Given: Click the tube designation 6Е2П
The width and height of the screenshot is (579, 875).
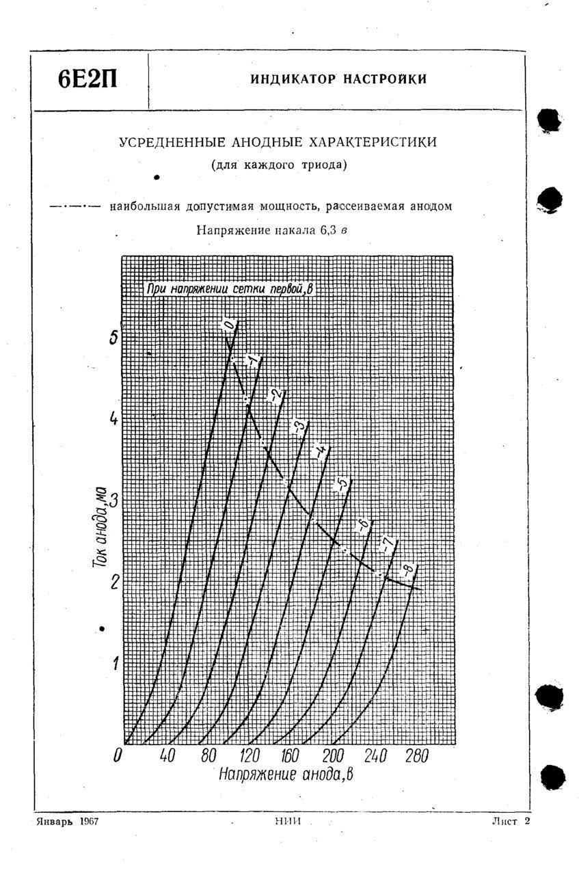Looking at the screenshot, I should [x=87, y=79].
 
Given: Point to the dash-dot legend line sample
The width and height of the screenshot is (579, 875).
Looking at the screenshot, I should [x=75, y=206].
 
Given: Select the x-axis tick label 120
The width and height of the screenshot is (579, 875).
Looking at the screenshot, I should [x=249, y=756].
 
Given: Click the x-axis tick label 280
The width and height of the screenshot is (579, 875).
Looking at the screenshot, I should [x=415, y=756].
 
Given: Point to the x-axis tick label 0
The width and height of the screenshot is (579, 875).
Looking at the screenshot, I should [x=118, y=756].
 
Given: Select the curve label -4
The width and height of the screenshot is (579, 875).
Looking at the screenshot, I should [x=319, y=452].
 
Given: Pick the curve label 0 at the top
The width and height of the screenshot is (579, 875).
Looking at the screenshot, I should [x=229, y=324].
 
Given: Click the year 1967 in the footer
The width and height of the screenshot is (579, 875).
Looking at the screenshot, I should [x=88, y=820].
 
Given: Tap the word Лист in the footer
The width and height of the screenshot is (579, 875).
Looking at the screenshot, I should [x=504, y=820].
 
